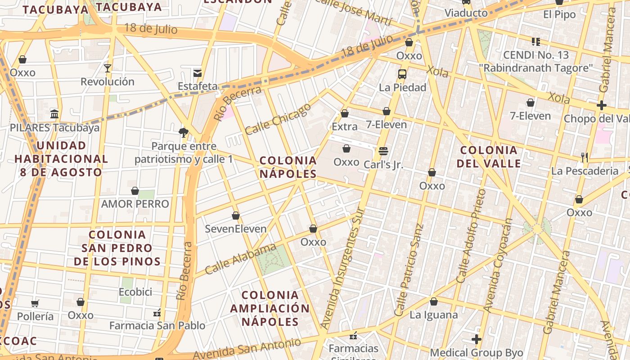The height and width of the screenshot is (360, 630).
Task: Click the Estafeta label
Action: (x=198, y=86)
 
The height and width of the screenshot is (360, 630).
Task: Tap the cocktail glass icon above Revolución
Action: (x=108, y=68)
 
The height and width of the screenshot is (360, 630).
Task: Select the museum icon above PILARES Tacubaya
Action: (x=54, y=114)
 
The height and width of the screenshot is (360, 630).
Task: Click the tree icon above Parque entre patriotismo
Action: (x=183, y=132)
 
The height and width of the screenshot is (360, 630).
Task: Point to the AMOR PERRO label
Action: (x=135, y=204)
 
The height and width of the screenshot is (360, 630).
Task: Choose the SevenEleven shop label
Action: (x=236, y=229)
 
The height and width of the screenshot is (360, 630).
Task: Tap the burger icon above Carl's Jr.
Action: (x=383, y=151)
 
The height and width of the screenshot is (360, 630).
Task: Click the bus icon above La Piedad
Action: (x=402, y=74)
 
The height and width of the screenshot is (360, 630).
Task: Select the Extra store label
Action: (x=345, y=126)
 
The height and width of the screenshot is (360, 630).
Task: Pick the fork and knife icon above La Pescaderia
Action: (x=585, y=157)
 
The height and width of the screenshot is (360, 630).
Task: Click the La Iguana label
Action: (x=434, y=315)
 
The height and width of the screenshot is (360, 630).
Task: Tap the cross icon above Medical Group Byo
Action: (x=477, y=339)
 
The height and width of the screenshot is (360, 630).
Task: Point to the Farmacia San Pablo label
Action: (x=157, y=325)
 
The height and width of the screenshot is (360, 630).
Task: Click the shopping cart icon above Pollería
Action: (x=35, y=303)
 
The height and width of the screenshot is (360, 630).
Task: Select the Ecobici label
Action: (x=135, y=292)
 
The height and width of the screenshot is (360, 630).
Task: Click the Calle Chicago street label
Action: (x=278, y=119)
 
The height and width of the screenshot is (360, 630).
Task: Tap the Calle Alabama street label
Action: (x=240, y=259)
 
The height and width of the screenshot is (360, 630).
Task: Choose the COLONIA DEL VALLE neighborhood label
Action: (x=489, y=157)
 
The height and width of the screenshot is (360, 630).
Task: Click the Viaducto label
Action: (x=466, y=13)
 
